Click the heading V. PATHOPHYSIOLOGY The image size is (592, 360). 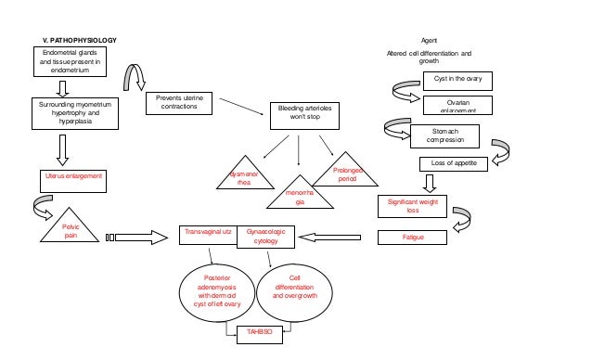pos(81,41)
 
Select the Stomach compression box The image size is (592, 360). pos(444,135)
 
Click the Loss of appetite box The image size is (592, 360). pos(454,163)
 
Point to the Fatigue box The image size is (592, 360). pos(413,238)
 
